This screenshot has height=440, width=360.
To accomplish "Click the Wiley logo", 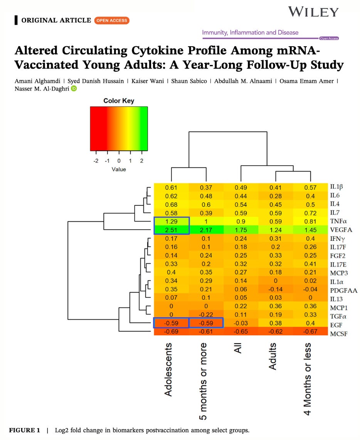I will click(313, 12).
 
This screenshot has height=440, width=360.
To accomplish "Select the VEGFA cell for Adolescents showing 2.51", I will click(171, 230).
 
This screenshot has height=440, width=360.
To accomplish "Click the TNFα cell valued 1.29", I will click(171, 221).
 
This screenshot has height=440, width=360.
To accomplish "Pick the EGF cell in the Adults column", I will click(276, 323).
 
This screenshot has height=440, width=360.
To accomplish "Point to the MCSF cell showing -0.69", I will click(171, 331).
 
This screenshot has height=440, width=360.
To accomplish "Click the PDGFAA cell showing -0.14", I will click(276, 289).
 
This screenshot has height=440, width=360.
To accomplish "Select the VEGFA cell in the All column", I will click(241, 230).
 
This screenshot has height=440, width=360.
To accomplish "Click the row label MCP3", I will click(338, 272).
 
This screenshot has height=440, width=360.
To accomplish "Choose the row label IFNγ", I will click(338, 238).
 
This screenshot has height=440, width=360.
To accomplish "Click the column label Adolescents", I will click(168, 369).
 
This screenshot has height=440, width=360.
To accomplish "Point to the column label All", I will click(238, 349).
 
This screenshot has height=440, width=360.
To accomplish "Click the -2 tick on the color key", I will click(96, 161).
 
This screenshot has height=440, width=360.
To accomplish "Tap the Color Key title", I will click(119, 101).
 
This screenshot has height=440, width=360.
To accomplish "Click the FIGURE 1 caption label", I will click(24, 430).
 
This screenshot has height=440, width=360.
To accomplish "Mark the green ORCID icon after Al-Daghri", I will click(74, 89).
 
